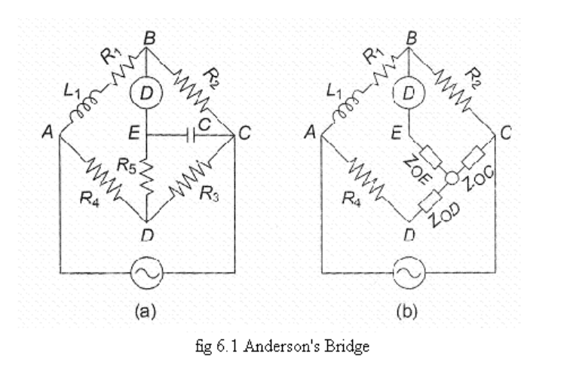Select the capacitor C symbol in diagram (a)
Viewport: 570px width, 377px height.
(188, 136)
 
